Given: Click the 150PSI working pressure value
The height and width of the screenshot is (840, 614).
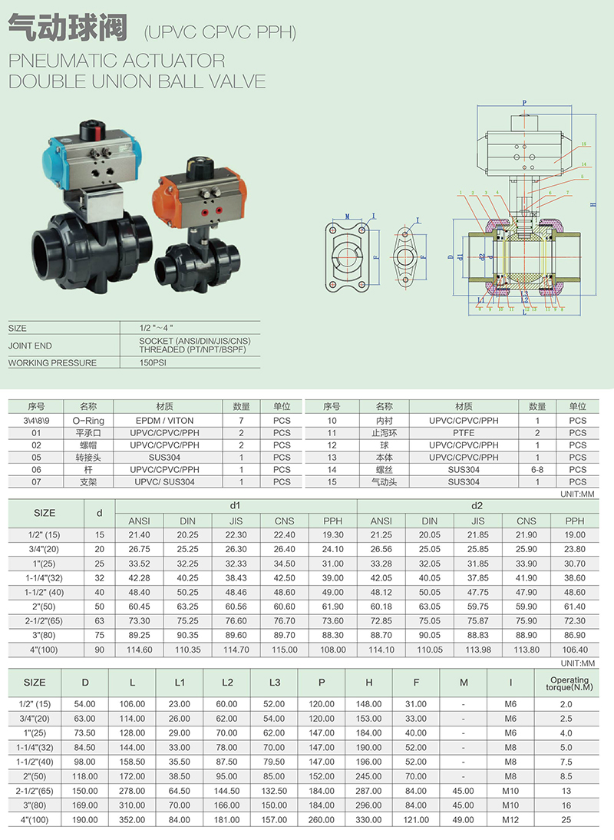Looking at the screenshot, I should (x=153, y=362).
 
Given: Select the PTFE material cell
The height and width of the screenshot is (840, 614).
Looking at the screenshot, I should (x=464, y=433).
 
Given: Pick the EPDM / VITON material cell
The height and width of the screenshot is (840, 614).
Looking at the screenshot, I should (x=165, y=421).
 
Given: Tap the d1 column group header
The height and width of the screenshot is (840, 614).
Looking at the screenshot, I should (x=236, y=505).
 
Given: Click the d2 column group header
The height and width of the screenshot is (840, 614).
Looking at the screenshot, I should (x=476, y=505).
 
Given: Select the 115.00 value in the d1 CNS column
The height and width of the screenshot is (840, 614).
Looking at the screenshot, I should (x=284, y=650).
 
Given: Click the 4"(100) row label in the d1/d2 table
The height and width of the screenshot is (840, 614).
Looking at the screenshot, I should (x=45, y=650).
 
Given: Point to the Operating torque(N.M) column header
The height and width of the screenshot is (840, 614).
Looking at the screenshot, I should (x=571, y=683).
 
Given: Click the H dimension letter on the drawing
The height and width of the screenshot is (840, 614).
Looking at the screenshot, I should (x=593, y=204).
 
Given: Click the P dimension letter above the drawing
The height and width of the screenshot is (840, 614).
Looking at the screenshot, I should (x=525, y=102).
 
